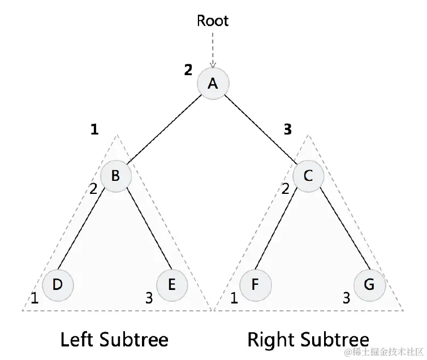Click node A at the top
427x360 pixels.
point(213,84)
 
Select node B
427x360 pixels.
point(116,176)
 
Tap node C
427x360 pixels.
point(308,176)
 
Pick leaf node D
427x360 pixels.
point(58,284)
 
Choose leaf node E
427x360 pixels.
point(171,284)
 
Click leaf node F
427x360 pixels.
point(255,284)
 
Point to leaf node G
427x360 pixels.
point(369,284)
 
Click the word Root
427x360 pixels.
point(213,21)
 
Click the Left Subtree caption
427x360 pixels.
point(114,340)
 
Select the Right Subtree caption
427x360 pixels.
point(308,340)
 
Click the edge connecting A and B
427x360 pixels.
point(164,129)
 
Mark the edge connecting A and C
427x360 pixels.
point(261,129)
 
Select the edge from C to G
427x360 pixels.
point(339,229)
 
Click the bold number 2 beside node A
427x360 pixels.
point(188,70)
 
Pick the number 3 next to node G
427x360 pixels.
point(346,298)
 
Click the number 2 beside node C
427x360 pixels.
point(286,189)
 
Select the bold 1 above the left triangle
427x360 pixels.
point(94,129)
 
